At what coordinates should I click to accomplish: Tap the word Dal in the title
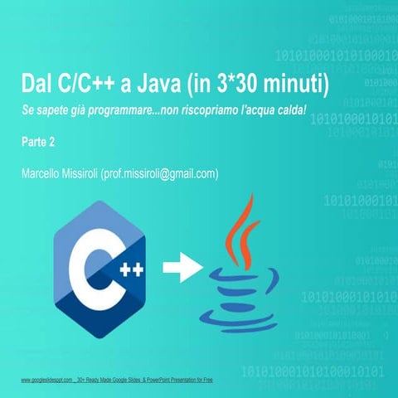tap(39, 85)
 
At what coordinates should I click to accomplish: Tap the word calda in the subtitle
tap(290, 110)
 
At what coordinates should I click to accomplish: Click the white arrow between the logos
tap(181, 268)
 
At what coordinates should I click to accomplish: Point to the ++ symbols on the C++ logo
tap(130, 269)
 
